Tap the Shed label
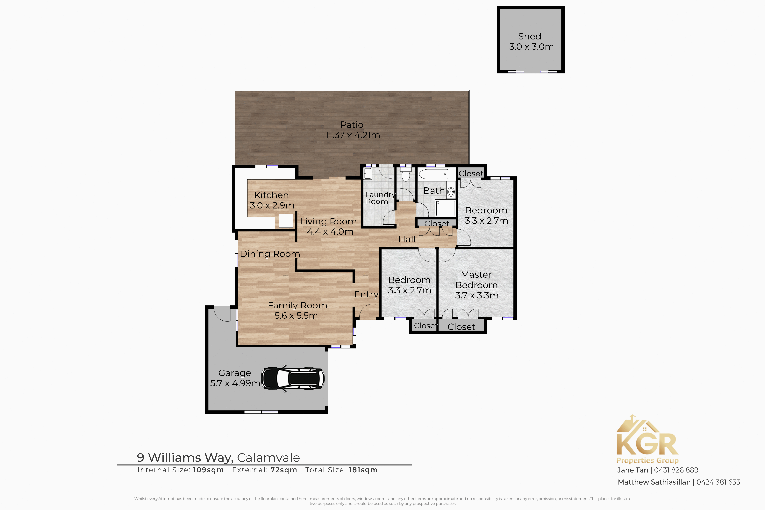[x=530, y=37]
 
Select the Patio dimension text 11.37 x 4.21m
[x=353, y=135]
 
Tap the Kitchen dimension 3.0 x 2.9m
[x=272, y=205]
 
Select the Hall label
[x=407, y=239]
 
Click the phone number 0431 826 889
[x=676, y=470]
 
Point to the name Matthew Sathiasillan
[x=654, y=482]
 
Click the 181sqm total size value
[x=363, y=470]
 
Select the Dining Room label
[x=270, y=254]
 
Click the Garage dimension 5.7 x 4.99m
[x=235, y=383]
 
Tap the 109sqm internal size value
[x=208, y=470]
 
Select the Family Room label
[x=297, y=305]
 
